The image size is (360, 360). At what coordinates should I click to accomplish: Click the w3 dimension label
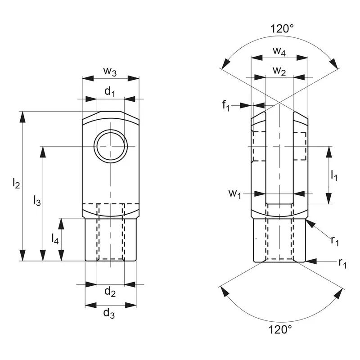click(x=110, y=71)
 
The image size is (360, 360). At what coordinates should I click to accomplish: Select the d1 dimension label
click(x=110, y=92)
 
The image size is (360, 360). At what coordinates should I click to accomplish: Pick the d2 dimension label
click(x=110, y=292)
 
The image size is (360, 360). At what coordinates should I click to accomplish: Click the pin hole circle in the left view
click(x=110, y=146)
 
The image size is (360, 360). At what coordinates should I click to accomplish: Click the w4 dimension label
click(x=279, y=50)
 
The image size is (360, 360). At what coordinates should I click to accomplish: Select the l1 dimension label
click(x=333, y=175)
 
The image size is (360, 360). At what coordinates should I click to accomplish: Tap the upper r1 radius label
click(x=335, y=241)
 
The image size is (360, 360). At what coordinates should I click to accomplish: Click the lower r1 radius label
click(x=342, y=263)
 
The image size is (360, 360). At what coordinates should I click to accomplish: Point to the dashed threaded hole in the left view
click(x=110, y=232)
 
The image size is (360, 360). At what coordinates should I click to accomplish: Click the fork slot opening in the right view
click(x=279, y=157)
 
